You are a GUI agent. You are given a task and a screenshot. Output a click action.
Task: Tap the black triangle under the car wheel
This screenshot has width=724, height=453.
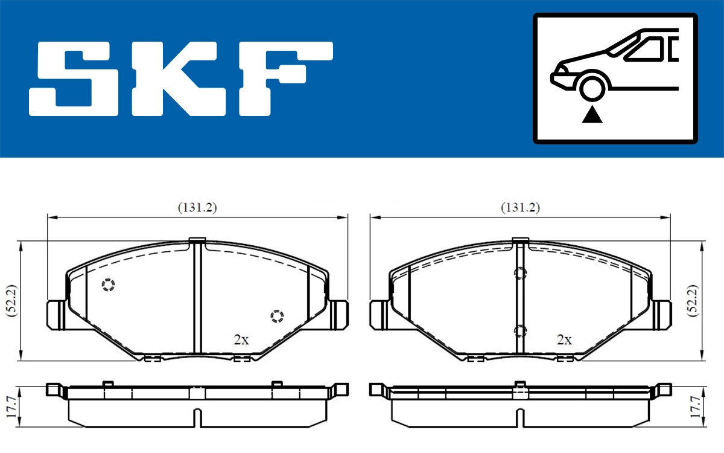click(592, 114)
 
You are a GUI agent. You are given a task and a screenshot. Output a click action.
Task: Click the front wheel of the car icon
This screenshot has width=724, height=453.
click(592, 87)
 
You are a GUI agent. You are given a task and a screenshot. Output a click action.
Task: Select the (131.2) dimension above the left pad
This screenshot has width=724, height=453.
click(197, 207)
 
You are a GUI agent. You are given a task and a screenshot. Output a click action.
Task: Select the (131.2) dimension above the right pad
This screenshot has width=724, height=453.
click(520, 207)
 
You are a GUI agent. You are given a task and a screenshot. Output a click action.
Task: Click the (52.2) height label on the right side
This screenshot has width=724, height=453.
click(694, 300)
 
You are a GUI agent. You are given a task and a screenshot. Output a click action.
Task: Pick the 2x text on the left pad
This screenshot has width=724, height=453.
click(241, 339)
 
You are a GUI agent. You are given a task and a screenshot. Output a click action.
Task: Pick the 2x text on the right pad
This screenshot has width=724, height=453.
click(564, 339)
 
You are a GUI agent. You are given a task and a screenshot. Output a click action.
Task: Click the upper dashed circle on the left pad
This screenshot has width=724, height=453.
click(108, 285)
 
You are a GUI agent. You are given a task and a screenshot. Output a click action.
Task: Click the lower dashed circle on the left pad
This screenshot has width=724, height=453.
click(276, 316)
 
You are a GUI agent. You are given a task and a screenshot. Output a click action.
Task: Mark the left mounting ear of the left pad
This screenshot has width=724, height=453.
click(56, 315)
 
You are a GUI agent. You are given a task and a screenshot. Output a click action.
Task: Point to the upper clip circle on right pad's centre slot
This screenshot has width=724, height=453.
click(519, 274)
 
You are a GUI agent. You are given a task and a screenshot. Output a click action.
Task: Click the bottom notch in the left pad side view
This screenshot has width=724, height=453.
click(197, 417)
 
